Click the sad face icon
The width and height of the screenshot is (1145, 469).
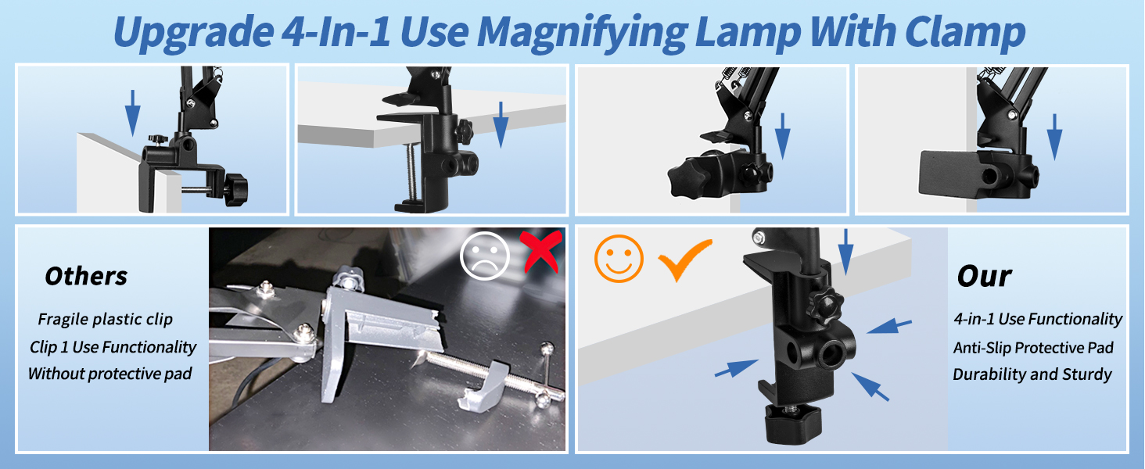(x=485, y=257)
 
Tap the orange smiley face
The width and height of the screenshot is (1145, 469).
(x=619, y=258)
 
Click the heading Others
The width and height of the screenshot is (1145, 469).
(x=86, y=276)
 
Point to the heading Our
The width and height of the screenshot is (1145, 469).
(x=984, y=276)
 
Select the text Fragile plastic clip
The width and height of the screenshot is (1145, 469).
(x=105, y=319)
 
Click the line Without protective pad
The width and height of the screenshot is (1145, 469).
(x=109, y=374)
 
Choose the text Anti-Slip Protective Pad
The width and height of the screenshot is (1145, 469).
(x=1032, y=347)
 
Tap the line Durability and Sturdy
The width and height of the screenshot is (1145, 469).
(x=1032, y=374)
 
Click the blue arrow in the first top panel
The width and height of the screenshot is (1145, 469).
(x=133, y=112)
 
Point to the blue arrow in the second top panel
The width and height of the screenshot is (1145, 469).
(x=501, y=124)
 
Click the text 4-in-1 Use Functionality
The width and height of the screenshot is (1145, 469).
(x=1037, y=319)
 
